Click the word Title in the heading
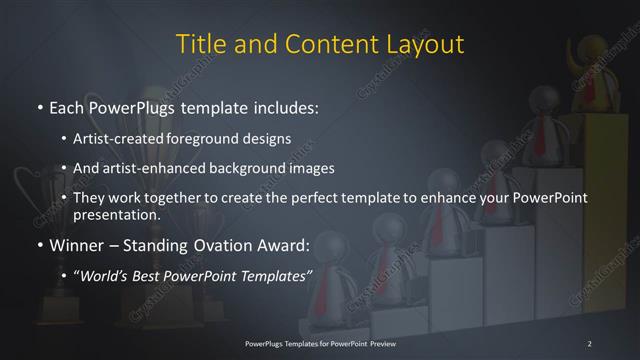pyautogui.click(x=199, y=45)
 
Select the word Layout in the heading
pyautogui.click(x=424, y=45)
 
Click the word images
pyautogui.click(x=319, y=169)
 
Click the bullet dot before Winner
pyautogui.click(x=38, y=245)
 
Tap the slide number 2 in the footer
pyautogui.click(x=589, y=343)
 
